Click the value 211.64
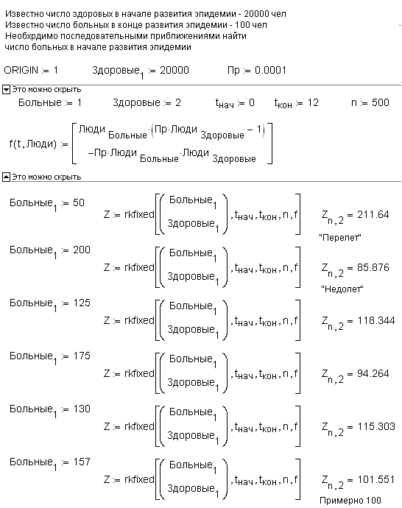coord(373,214)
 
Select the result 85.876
coord(373,267)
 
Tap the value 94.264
coord(373,373)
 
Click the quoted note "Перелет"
coord(340,238)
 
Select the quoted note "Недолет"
coord(342,289)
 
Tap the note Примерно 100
coord(350,501)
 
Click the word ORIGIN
coord(21,70)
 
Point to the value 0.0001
coord(270,70)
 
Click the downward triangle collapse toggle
coord(6,90)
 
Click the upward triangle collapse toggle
coord(6,177)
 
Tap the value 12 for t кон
coord(313,102)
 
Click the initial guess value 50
coord(78,202)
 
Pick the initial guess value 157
coord(82,462)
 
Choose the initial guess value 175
coord(82,356)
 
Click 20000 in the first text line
coord(256,14)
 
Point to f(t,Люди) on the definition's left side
coord(33,144)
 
